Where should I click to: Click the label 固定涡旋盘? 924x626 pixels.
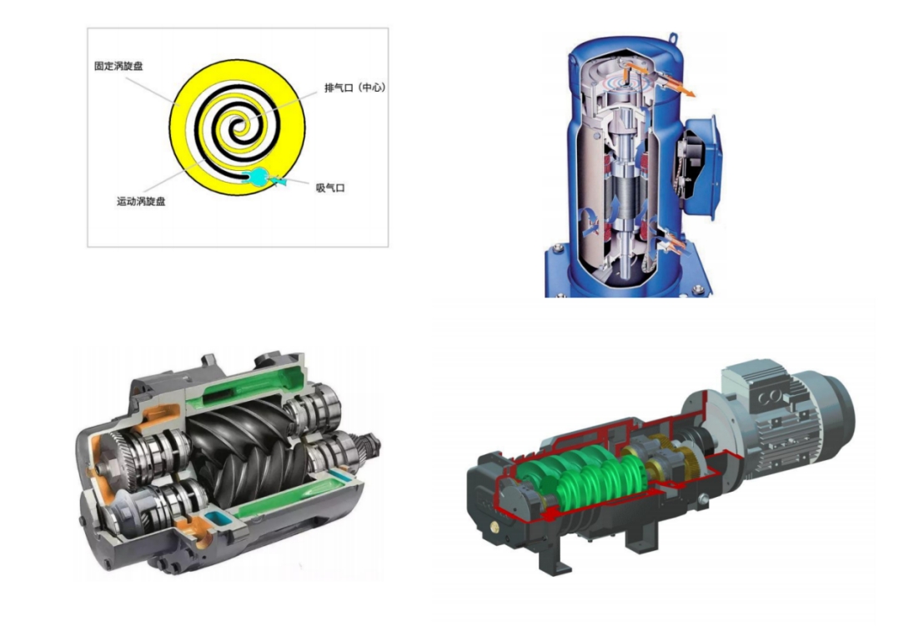[118, 66]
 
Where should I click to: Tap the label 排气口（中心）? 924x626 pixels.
[354, 88]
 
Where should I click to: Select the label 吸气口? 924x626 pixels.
[330, 188]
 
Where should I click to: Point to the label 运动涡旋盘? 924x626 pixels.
[141, 202]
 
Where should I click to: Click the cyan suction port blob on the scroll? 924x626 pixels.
[259, 176]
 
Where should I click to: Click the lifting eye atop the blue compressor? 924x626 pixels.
[673, 40]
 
